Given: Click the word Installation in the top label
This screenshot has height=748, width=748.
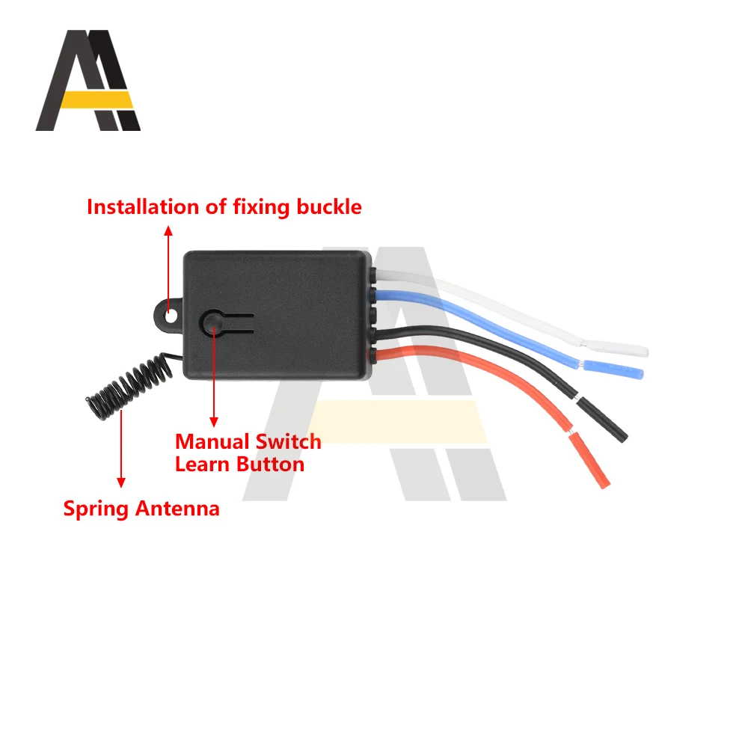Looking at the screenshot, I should pos(143,206).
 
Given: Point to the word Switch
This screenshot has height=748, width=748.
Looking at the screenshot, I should pos(288,441).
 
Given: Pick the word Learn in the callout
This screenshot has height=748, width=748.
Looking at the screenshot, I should pos(202,464).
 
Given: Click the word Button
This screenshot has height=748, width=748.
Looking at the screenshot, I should pos(271,464).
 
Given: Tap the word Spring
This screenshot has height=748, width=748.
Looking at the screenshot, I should pos(96,509).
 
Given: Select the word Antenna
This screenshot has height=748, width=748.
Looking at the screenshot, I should pos(178,509).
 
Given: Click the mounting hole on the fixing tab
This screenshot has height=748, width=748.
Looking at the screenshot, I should pos(171,316).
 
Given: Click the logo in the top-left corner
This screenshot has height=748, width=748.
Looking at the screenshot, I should pos(88,81).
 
